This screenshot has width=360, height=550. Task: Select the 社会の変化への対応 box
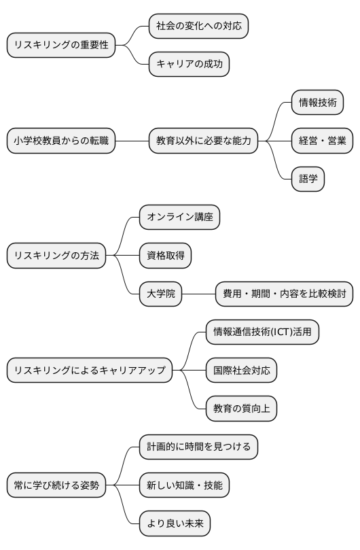[x=198, y=27]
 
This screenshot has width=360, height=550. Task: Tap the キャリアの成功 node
[x=189, y=65]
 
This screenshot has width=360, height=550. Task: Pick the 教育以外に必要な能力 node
[x=204, y=141]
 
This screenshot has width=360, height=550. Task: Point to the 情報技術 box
[x=317, y=103]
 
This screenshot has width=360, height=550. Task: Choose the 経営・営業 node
[x=323, y=141]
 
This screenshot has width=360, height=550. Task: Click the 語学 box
[x=308, y=179]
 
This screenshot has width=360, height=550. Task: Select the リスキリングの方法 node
[x=56, y=256]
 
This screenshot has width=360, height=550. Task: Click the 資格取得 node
[x=165, y=256]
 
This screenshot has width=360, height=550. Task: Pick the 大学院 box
[x=161, y=294]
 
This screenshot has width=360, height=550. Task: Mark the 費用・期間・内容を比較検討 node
[x=284, y=294]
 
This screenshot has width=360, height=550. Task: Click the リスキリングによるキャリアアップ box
[x=90, y=371]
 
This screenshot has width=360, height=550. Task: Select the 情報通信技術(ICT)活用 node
[x=262, y=332]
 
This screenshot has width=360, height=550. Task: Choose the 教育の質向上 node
[x=241, y=409]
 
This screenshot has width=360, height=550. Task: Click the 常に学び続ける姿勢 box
[x=56, y=485]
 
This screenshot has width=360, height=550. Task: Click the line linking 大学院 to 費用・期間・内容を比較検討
[x=199, y=294]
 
